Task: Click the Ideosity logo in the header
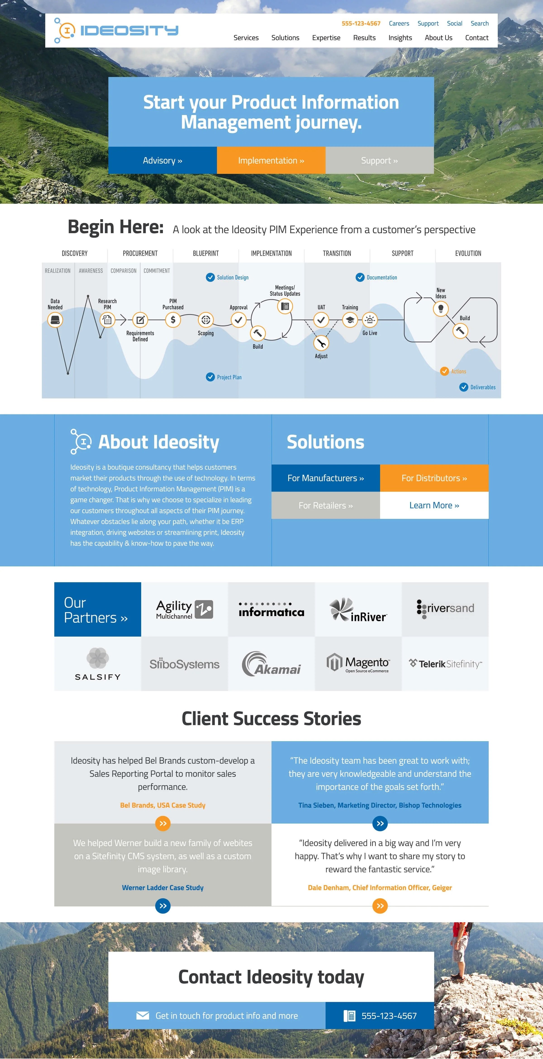tap(116, 30)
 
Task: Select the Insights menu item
tap(400, 38)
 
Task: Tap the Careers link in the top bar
tap(399, 24)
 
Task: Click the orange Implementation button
tap(271, 160)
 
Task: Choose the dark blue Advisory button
tap(163, 160)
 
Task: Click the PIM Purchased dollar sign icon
tap(173, 319)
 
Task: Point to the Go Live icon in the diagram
tap(370, 319)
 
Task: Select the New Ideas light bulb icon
tap(441, 308)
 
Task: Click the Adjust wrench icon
tap(321, 343)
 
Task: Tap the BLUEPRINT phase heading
tap(206, 253)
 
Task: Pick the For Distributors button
tap(434, 478)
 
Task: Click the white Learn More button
tap(434, 505)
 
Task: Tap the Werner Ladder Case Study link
tap(163, 888)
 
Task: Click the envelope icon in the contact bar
tap(143, 1016)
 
